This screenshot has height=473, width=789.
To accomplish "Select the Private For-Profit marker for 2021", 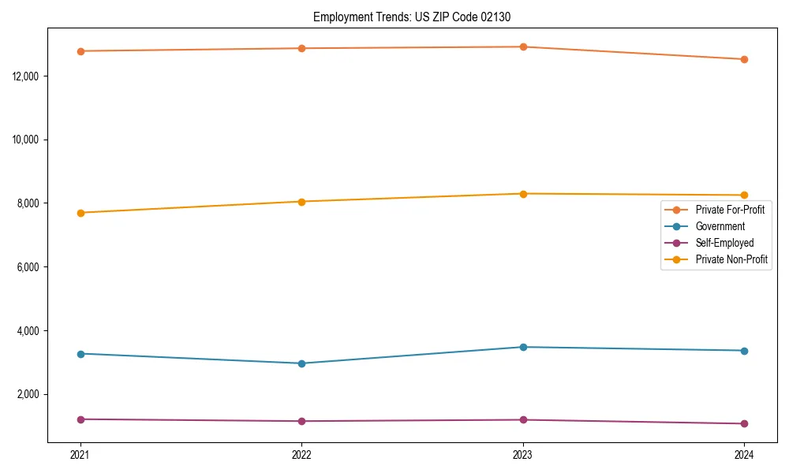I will pyautogui.click(x=80, y=51).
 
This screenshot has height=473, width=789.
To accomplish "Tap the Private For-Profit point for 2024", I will pyautogui.click(x=744, y=59).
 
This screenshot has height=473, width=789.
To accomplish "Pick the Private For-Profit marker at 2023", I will pyautogui.click(x=523, y=47).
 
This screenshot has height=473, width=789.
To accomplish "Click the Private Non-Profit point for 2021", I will pyautogui.click(x=80, y=213).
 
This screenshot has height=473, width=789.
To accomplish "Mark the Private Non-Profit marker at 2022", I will pyautogui.click(x=302, y=202).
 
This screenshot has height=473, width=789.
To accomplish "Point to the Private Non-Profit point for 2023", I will pyautogui.click(x=523, y=194).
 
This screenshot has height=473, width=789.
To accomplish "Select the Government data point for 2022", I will pyautogui.click(x=302, y=363).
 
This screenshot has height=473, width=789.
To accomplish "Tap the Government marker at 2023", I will pyautogui.click(x=523, y=347).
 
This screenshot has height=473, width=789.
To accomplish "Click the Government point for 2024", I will pyautogui.click(x=744, y=351).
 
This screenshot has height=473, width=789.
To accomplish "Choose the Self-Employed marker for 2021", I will pyautogui.click(x=80, y=419).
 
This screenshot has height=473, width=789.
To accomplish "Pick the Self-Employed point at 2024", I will pyautogui.click(x=744, y=424).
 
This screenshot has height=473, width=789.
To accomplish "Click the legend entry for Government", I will pyautogui.click(x=720, y=226).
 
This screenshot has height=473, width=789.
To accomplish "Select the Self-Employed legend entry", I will pyautogui.click(x=724, y=243).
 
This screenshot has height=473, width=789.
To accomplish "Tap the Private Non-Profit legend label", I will pyautogui.click(x=731, y=259).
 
